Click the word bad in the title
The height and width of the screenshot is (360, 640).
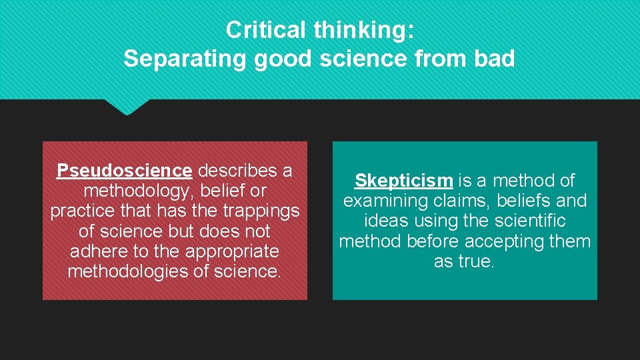point(495,59)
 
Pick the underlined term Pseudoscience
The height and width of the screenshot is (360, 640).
point(125,171)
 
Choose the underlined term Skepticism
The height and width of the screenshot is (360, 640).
point(404,180)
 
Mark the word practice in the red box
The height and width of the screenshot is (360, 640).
point(81,211)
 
